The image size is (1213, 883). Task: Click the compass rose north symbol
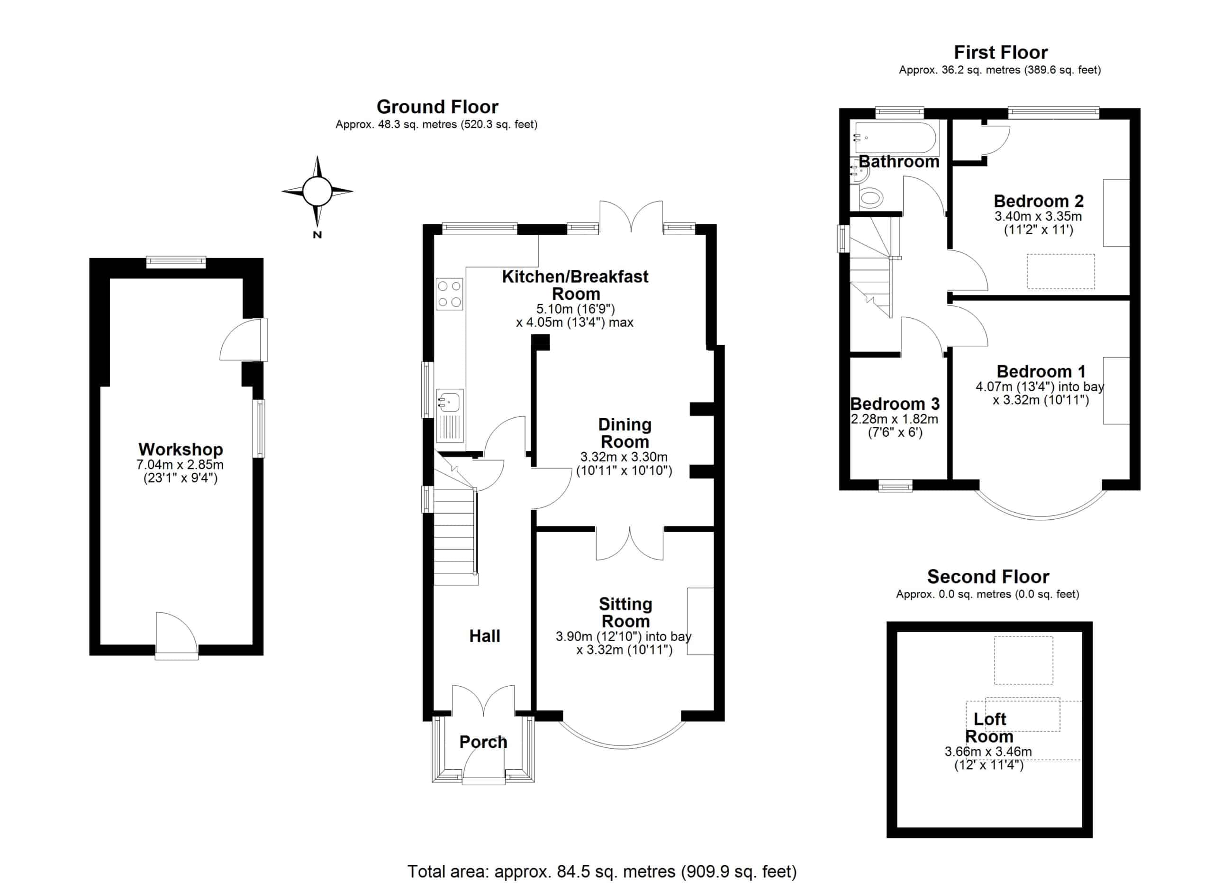point(317,192)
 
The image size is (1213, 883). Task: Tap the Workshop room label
point(181,449)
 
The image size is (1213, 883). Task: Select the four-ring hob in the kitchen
point(449,294)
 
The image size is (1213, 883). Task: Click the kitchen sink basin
point(449,401)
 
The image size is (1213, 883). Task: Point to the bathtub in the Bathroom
point(896,138)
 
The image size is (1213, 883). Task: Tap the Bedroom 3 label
point(895,404)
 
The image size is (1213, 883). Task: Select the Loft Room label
point(989,727)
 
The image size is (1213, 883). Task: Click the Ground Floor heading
point(437,107)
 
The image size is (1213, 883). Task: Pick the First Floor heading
point(1001,53)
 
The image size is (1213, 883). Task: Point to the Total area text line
point(602,871)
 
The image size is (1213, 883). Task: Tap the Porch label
point(483,742)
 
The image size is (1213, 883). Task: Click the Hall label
point(485,636)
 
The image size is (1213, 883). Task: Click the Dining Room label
point(625,433)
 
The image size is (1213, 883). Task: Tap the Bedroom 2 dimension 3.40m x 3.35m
point(1038,217)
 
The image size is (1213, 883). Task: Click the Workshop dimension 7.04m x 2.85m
point(180,465)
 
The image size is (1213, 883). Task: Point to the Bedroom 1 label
point(1041,371)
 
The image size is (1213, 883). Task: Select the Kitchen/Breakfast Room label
point(576,285)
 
